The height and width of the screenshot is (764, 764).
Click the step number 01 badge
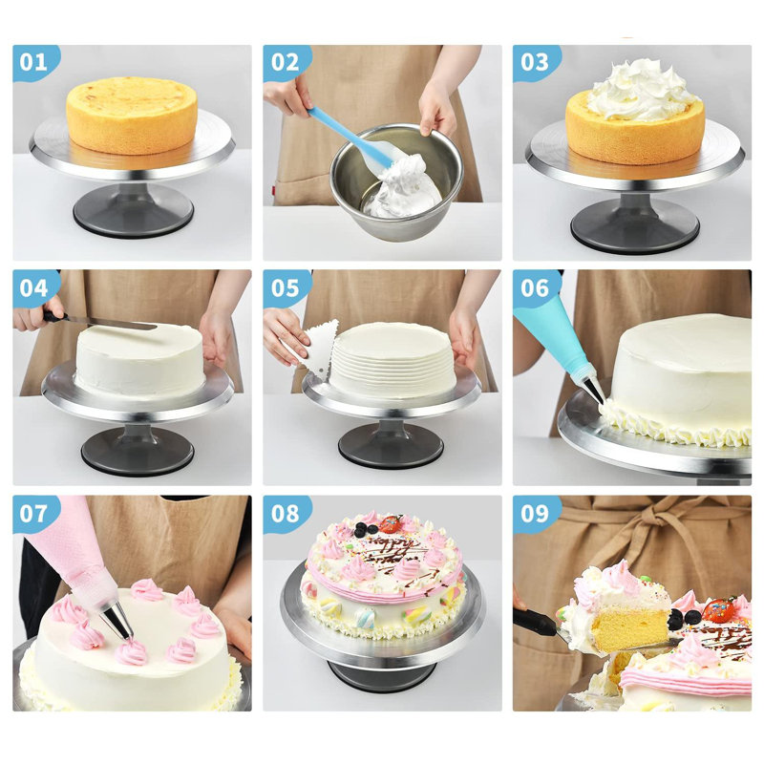34,63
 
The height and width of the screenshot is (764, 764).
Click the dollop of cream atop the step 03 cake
642,91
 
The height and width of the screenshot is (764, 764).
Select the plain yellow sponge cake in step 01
132,114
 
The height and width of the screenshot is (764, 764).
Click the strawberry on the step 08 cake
391,524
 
